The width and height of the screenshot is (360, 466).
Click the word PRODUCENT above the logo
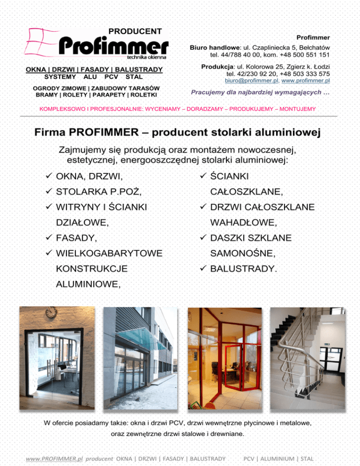click(135, 31)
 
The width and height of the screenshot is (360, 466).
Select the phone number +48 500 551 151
click(305, 55)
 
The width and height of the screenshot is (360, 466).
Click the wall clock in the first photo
click(52, 312)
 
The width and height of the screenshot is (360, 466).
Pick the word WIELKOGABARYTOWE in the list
click(109, 254)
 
